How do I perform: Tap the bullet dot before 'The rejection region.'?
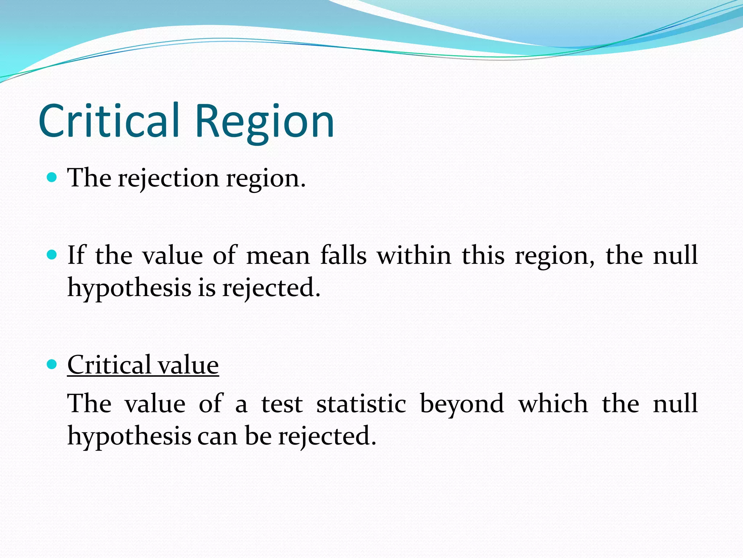tap(52, 177)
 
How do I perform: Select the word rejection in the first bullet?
tap(168, 179)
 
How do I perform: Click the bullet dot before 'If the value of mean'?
tap(52, 255)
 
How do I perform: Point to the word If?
tap(76, 255)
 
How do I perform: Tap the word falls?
tap(343, 255)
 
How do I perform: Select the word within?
tap(414, 255)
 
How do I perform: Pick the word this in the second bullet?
tap(483, 255)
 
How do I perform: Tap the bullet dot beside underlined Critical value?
tap(52, 364)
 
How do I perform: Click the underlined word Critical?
tap(109, 365)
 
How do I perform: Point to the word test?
tap(282, 404)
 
